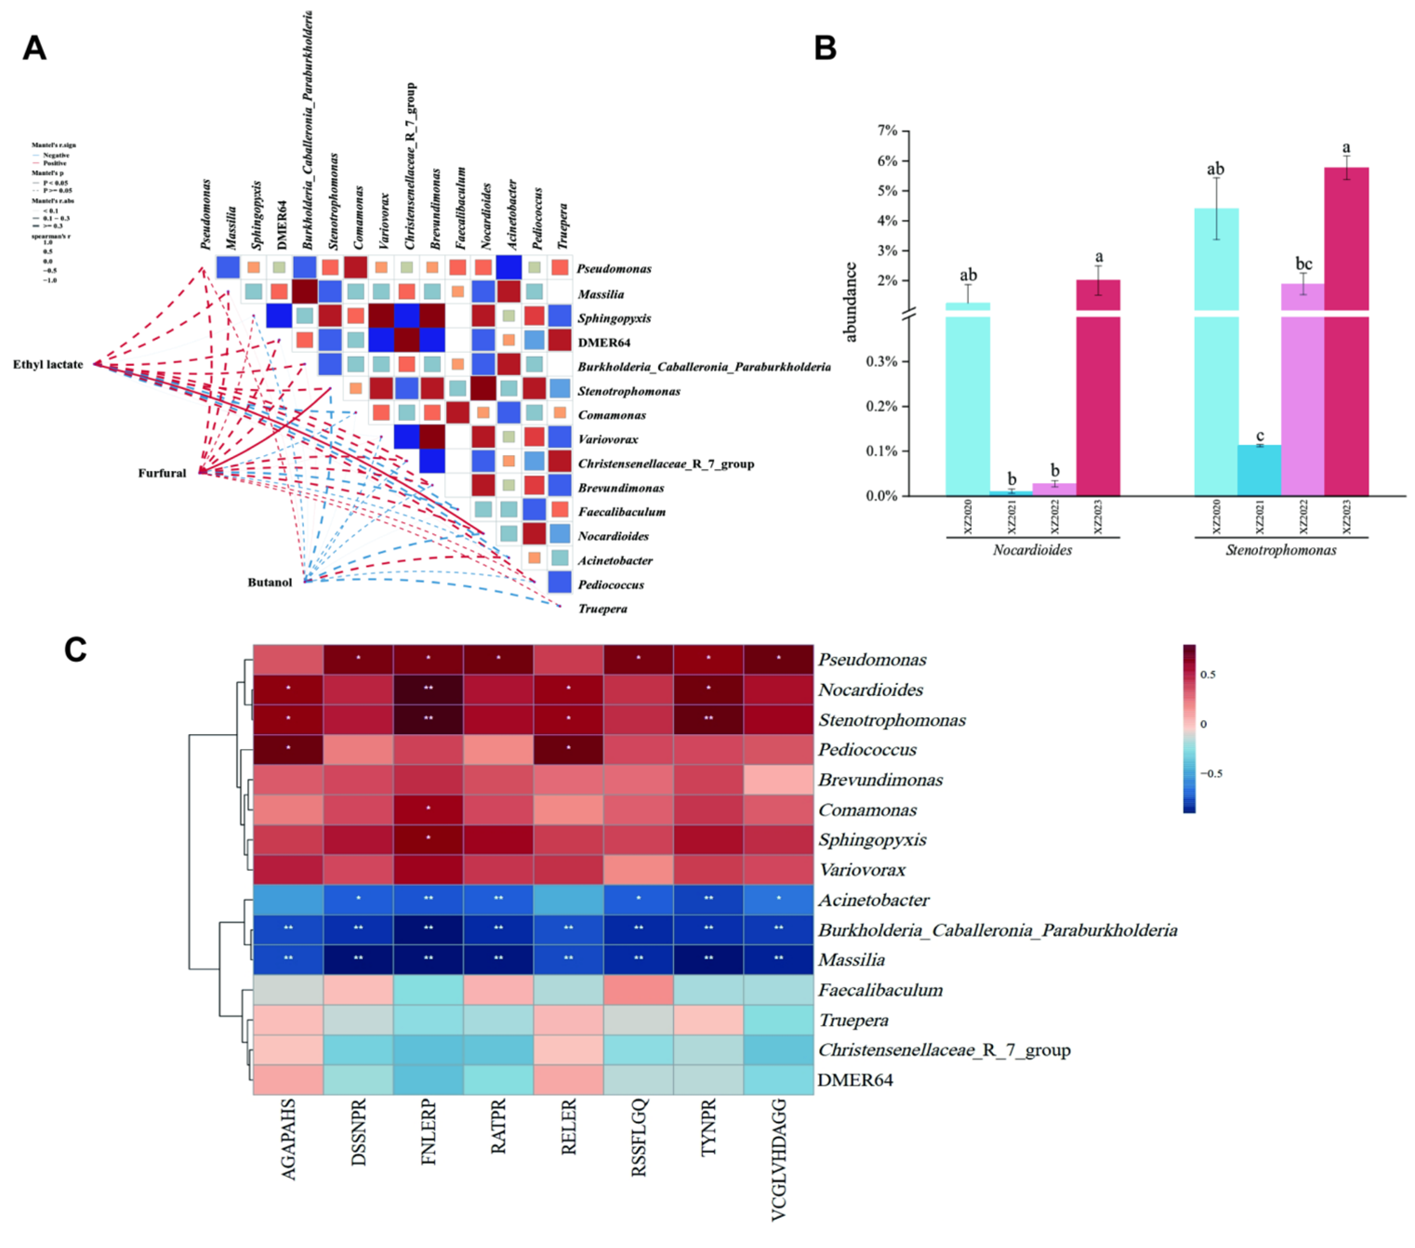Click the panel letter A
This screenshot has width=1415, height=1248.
pyautogui.click(x=34, y=48)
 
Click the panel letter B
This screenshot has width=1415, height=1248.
pyautogui.click(x=825, y=48)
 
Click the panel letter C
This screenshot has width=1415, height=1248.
pyautogui.click(x=75, y=650)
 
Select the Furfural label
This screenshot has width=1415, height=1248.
pyautogui.click(x=161, y=473)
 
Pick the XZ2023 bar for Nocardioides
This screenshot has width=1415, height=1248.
pyautogui.click(x=1098, y=388)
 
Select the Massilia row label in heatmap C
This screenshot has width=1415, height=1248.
pyautogui.click(x=852, y=960)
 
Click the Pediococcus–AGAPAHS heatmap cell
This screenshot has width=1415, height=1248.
pyautogui.click(x=288, y=750)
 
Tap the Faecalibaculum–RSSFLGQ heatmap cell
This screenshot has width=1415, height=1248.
pyautogui.click(x=638, y=989)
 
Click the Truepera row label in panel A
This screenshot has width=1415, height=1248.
pyautogui.click(x=602, y=609)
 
